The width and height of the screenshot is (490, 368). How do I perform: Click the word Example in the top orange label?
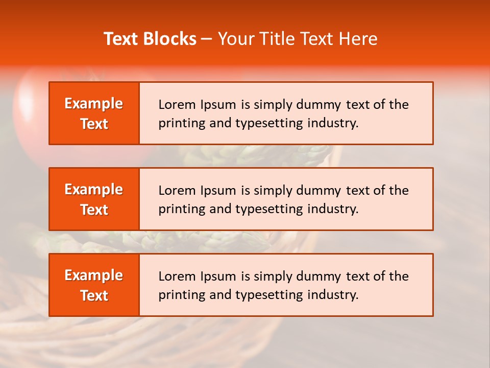pyautogui.click(x=94, y=104)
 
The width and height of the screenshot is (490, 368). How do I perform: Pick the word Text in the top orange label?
pyautogui.click(x=94, y=124)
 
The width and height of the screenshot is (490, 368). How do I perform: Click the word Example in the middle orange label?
pyautogui.click(x=94, y=190)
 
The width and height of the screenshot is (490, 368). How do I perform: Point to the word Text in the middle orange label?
pyautogui.click(x=94, y=210)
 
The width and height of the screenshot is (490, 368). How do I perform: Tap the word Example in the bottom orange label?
pyautogui.click(x=94, y=275)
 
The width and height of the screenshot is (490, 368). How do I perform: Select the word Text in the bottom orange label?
pyautogui.click(x=94, y=295)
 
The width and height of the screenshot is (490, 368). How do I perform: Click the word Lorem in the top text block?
pyautogui.click(x=175, y=105)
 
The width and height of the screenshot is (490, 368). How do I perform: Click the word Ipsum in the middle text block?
pyautogui.click(x=218, y=191)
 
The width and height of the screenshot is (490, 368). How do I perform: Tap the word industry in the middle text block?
pyautogui.click(x=332, y=209)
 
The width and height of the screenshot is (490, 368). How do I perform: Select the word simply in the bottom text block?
pyautogui.click(x=272, y=277)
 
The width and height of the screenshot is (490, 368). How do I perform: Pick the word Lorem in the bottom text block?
pyautogui.click(x=175, y=277)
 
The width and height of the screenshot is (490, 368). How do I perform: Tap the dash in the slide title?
pyautogui.click(x=207, y=39)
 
